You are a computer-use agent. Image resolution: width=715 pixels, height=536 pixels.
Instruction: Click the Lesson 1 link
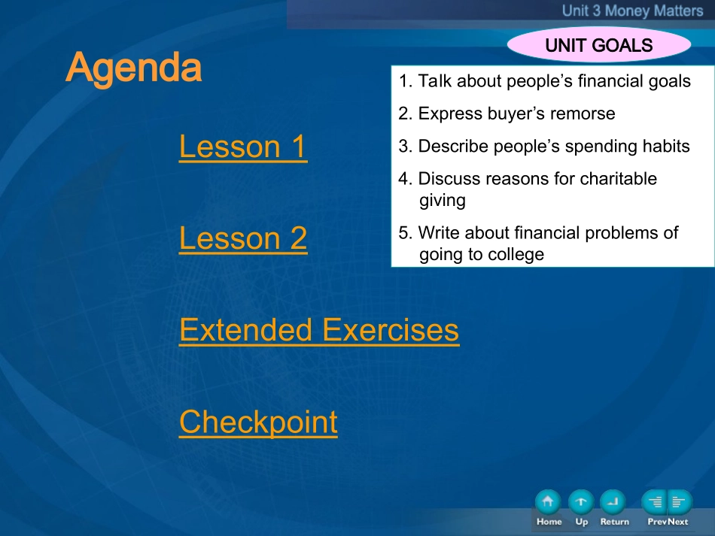(x=243, y=147)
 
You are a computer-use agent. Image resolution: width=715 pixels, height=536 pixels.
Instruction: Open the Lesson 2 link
(x=243, y=238)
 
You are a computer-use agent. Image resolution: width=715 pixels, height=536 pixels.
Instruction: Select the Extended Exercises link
(x=319, y=330)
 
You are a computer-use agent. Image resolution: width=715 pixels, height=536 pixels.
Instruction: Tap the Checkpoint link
(x=259, y=422)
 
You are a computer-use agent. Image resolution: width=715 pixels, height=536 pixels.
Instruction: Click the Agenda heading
(x=134, y=68)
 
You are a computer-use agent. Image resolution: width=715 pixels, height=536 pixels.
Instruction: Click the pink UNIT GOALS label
(x=599, y=45)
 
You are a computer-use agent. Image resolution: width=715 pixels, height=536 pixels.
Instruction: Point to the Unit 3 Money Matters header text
(x=632, y=11)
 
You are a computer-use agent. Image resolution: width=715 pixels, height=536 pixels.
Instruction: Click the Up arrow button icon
(x=581, y=502)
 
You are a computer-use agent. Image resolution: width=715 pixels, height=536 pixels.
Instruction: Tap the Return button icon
(x=613, y=502)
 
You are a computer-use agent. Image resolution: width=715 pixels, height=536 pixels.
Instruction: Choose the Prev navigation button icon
(x=654, y=502)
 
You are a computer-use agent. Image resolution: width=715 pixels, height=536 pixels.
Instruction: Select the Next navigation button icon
(x=680, y=502)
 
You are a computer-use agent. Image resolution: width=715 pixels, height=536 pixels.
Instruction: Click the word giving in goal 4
(x=443, y=201)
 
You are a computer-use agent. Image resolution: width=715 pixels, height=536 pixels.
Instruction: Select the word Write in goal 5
(x=440, y=233)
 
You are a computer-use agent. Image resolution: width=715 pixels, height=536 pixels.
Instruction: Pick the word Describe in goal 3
(x=453, y=146)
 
